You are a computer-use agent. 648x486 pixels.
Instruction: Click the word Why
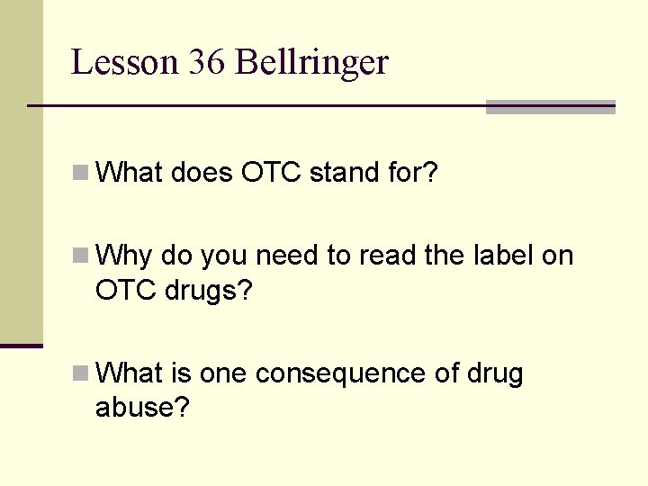pos(124,256)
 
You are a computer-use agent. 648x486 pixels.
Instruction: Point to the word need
pos(287,256)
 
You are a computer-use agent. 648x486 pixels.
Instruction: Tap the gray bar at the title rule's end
pos(550,107)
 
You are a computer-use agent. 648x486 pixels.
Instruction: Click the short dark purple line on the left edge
pos(21,346)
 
